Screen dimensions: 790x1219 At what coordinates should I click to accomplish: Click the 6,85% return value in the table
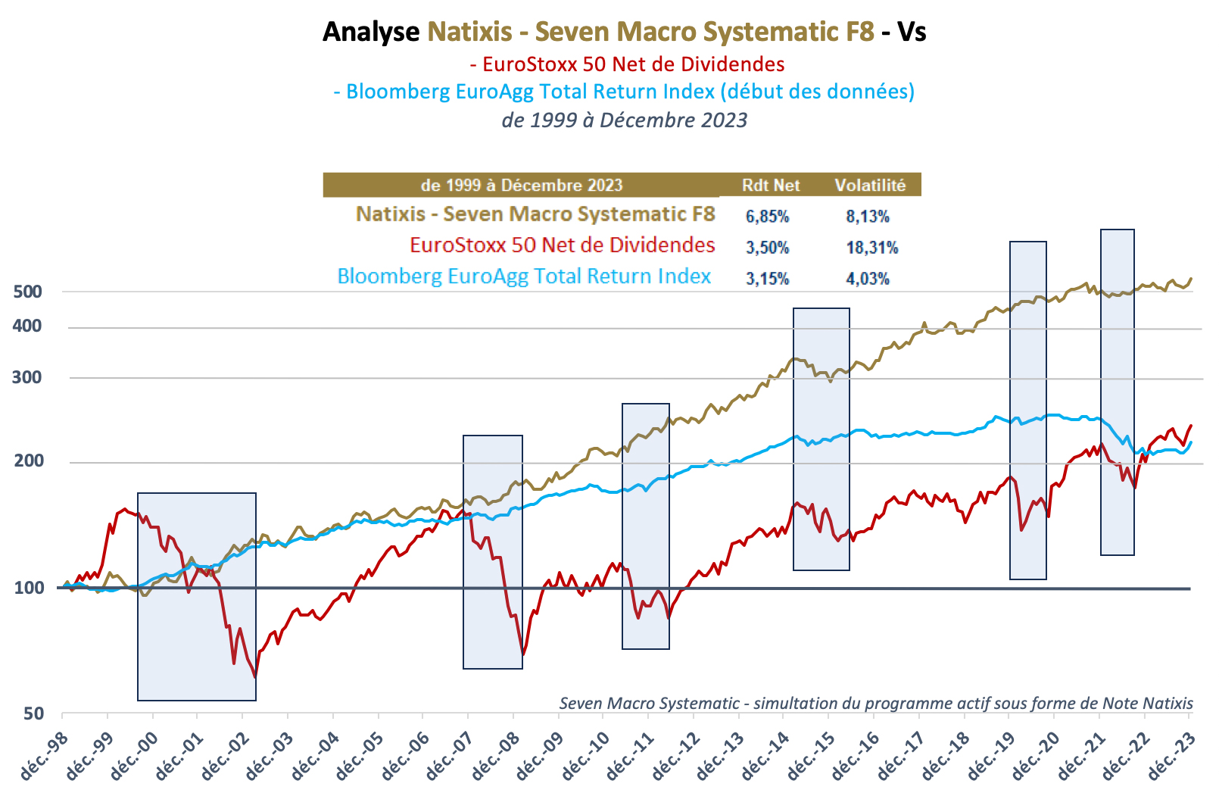coord(767,217)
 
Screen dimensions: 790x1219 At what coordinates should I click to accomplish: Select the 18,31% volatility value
coord(871,248)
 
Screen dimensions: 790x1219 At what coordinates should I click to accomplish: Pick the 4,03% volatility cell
coord(868,279)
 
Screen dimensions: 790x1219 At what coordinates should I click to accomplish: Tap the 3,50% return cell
coord(767,248)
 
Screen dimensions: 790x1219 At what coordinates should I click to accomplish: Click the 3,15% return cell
coord(767,279)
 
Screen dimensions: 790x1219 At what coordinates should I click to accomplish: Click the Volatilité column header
coord(870,186)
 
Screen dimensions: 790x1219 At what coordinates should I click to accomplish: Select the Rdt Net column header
coord(771,186)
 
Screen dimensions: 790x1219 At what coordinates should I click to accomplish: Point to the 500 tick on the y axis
coord(28,292)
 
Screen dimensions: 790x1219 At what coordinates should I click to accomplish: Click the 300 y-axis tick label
coord(28,377)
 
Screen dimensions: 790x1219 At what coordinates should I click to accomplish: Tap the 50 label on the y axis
coord(33,713)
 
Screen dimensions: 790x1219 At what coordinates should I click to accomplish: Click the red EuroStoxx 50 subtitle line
coord(626,64)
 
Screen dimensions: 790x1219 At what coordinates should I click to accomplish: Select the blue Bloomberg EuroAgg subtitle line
coord(624,92)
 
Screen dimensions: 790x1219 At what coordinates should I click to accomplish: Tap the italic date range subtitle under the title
coord(624,120)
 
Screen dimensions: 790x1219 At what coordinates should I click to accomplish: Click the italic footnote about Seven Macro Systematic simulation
coord(875,703)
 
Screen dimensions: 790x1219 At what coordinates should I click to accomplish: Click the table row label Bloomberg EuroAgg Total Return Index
coord(524,276)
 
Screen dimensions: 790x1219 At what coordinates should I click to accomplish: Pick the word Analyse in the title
coord(371,32)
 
